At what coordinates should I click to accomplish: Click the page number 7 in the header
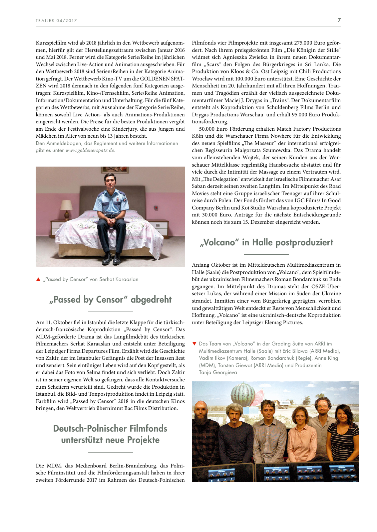[x=339, y=20]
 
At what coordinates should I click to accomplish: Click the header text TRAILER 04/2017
[x=56, y=21]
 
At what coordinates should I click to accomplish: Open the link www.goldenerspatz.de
[x=90, y=150]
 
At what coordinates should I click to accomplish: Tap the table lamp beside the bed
[x=67, y=207]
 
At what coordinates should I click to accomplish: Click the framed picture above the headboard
[x=115, y=170]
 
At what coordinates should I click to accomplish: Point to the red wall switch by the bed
[x=156, y=208]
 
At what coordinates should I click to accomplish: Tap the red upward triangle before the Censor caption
[x=38, y=279]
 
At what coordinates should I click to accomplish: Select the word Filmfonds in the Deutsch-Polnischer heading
[x=148, y=428]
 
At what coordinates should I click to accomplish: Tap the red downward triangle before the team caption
[x=194, y=343]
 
